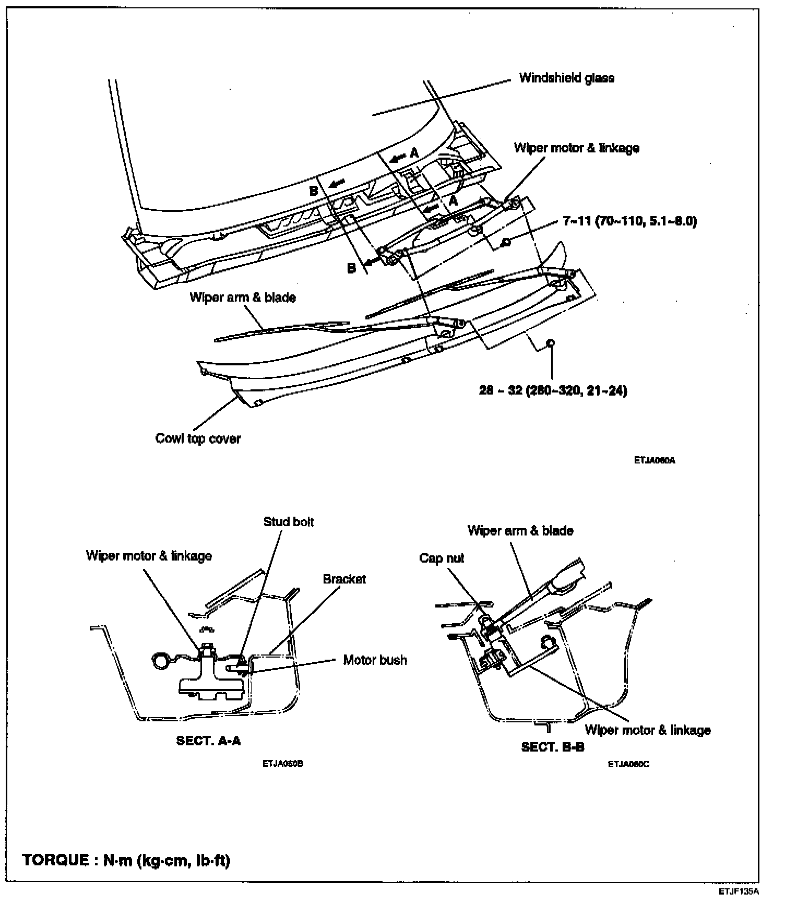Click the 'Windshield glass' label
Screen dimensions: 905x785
coord(566,78)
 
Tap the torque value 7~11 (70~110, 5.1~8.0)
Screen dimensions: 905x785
coord(629,221)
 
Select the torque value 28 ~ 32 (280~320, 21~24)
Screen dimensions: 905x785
coord(553,390)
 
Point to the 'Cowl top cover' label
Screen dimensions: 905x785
coord(198,438)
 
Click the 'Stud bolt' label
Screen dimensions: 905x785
coord(289,522)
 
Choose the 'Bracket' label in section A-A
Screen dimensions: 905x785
coord(344,579)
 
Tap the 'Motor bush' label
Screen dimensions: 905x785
coord(375,660)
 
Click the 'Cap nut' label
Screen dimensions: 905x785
coord(442,558)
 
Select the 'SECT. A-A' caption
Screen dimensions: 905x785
coord(209,741)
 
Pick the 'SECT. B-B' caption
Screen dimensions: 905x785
coord(553,747)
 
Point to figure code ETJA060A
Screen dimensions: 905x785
coord(655,461)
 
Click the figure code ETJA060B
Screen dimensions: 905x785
coord(283,764)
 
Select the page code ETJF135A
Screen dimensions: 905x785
coord(739,891)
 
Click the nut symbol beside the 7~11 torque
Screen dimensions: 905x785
coord(505,242)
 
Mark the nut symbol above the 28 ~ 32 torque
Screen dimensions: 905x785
coord(550,343)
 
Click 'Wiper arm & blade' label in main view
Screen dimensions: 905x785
coord(243,297)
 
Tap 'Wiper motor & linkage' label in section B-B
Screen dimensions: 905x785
coord(648,730)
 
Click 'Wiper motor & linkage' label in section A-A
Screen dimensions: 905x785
coord(149,556)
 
